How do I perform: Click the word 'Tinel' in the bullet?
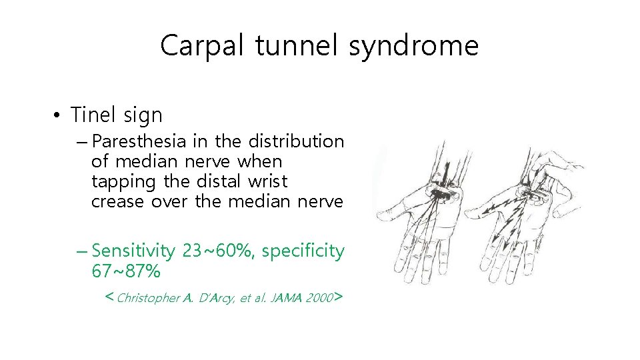point(94,115)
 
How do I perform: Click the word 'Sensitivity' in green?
point(134,251)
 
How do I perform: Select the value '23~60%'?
point(219,251)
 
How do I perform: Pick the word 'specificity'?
point(303,251)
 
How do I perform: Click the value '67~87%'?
point(125,271)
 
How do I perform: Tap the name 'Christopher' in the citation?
point(148,298)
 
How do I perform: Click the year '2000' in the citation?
point(319,298)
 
